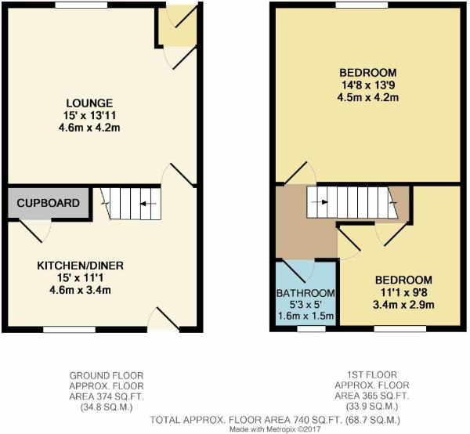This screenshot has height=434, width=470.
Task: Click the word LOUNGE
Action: (89, 103)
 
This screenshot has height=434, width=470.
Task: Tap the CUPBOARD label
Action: (49, 203)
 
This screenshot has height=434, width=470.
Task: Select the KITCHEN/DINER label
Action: (81, 266)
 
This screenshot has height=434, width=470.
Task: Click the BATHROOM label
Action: (305, 293)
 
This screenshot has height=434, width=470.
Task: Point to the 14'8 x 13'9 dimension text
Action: (368, 85)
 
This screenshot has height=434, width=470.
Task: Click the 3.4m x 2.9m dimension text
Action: (403, 305)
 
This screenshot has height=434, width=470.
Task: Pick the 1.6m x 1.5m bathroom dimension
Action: (305, 316)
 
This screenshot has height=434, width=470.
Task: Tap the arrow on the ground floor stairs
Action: (148, 204)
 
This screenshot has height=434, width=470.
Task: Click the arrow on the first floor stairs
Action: (320, 202)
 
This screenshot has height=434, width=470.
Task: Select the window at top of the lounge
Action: (81, 5)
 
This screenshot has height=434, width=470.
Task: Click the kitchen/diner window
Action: (69, 330)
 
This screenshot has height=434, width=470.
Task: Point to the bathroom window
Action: (312, 329)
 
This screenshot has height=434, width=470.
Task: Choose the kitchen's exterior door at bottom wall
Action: (164, 320)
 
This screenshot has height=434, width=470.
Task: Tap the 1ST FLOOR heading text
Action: (372, 374)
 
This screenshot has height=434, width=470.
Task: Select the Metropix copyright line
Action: (275, 429)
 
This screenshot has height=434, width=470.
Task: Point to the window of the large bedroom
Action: (362, 5)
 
